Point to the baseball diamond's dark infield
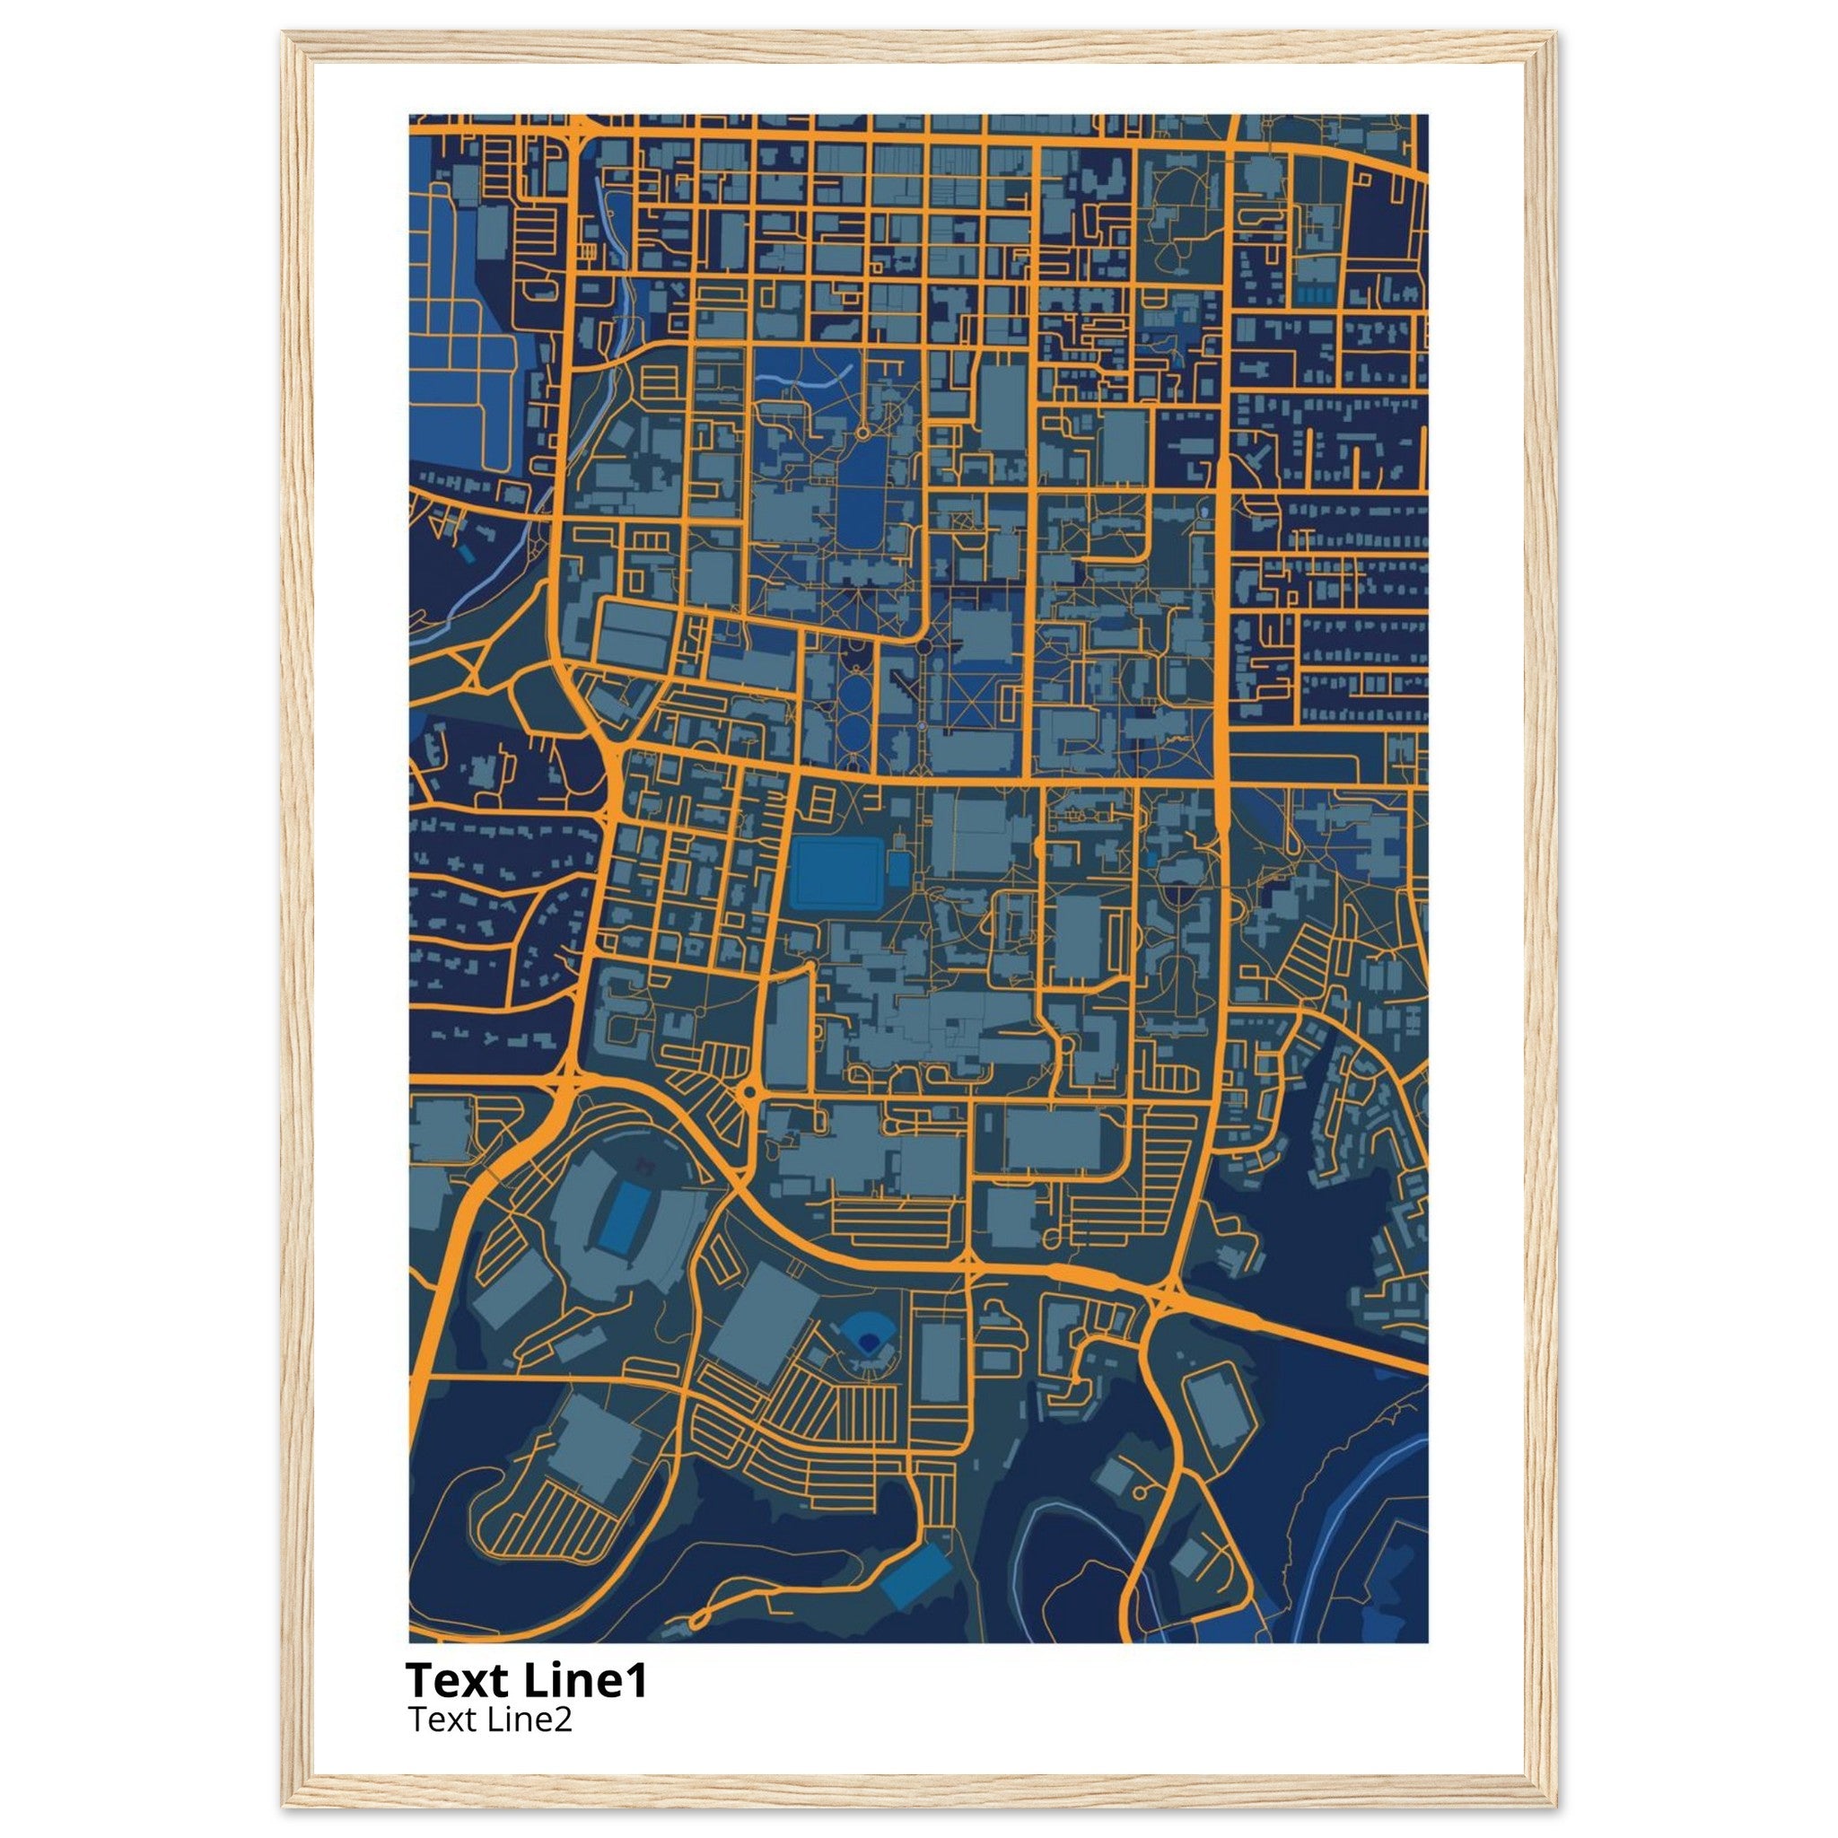(x=868, y=1342)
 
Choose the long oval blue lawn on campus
(x=861, y=495)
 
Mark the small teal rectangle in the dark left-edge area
(x=463, y=553)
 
